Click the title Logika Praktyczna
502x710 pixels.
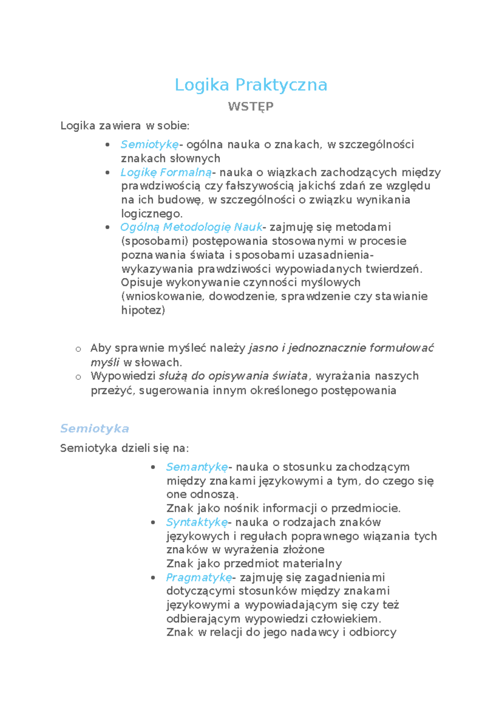[x=251, y=85]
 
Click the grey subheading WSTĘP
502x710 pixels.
[x=251, y=106]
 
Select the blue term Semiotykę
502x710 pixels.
[x=149, y=144]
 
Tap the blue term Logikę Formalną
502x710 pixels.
[x=166, y=172]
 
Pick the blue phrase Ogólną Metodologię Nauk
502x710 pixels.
[x=191, y=227]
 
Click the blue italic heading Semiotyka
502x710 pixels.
[x=95, y=429]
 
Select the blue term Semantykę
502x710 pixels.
[x=197, y=467]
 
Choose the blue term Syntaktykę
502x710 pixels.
[x=197, y=522]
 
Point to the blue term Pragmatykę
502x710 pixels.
[x=199, y=578]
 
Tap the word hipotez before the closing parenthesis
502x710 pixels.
[x=141, y=310]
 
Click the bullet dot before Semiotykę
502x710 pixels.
[x=108, y=145]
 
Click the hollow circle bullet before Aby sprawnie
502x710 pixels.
[x=78, y=349]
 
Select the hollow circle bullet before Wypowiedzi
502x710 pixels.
[x=78, y=377]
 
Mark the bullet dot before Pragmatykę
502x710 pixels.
[x=154, y=578]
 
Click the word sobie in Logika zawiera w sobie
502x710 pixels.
[x=177, y=126]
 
